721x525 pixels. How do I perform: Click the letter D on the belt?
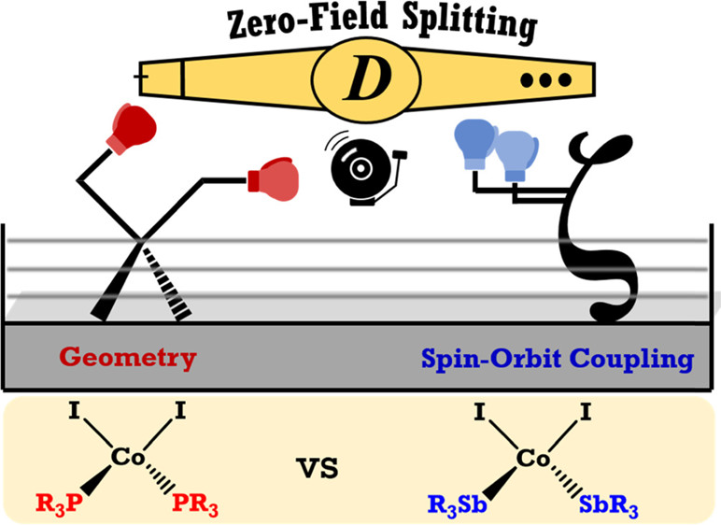point(360,82)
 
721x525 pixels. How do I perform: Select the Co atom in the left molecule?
point(127,456)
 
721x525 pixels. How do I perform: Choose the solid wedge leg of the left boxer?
point(112,284)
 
